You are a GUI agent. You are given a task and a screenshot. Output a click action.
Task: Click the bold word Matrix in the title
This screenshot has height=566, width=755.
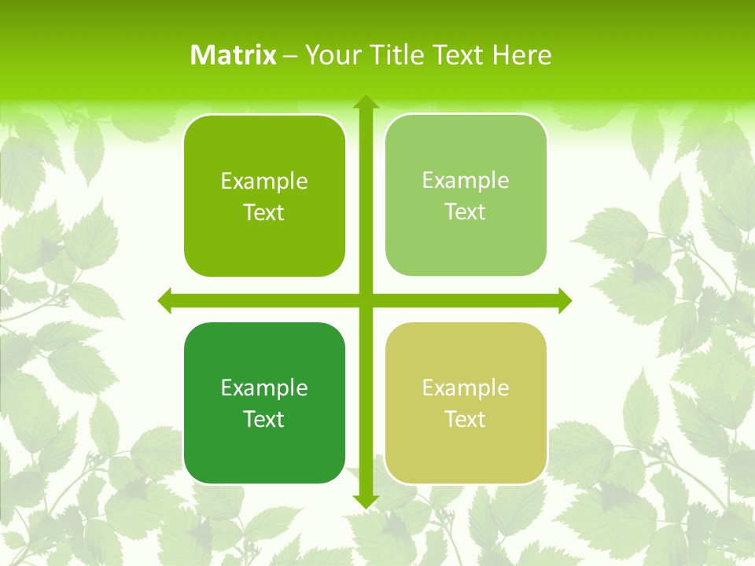234,55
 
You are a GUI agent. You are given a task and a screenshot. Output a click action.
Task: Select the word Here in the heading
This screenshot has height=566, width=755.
522,55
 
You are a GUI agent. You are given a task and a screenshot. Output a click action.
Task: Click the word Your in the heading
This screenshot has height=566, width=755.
330,55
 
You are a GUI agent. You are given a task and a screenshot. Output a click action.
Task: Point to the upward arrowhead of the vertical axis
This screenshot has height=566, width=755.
366,102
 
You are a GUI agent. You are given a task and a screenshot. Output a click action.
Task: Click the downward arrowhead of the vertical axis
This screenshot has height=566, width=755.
366,501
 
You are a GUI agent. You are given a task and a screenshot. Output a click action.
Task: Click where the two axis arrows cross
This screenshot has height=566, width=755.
366,300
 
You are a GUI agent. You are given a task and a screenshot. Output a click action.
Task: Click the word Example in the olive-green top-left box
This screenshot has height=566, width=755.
264,182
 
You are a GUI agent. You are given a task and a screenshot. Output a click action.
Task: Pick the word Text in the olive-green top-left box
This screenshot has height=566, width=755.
264,213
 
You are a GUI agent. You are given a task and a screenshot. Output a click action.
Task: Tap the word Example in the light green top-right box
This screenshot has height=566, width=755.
466,181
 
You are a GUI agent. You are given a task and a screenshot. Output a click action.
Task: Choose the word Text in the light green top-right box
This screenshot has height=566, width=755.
466,212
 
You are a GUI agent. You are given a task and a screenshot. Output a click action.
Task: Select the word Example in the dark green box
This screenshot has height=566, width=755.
264,388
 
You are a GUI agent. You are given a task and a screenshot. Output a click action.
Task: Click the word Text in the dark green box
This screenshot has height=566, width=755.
264,420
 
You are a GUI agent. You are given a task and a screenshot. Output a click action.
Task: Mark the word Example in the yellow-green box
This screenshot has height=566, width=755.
466,388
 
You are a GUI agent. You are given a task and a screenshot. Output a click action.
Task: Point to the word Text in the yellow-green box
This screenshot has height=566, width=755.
466,420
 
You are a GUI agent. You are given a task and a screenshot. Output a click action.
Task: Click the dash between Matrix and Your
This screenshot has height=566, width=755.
290,56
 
